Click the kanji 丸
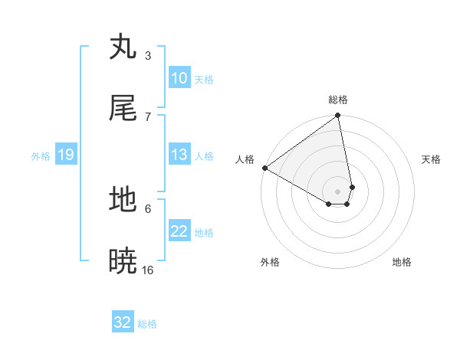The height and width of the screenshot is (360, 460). (123, 47)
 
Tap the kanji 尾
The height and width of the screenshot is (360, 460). (123, 109)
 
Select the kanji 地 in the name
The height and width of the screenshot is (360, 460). (123, 201)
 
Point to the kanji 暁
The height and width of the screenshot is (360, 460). (123, 262)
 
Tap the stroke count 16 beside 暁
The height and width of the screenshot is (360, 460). (148, 270)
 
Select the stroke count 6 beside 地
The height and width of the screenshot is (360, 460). (148, 208)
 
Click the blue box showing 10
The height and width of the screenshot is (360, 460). (179, 78)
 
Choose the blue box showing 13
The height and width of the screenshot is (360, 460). (179, 155)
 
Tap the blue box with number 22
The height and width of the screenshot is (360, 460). (179, 231)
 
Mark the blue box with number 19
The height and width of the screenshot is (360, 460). (66, 155)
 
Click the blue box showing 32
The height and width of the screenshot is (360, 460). (123, 322)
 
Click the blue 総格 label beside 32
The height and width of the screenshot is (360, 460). (148, 324)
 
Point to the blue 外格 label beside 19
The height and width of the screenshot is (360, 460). (41, 156)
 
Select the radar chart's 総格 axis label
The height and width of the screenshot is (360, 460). (338, 100)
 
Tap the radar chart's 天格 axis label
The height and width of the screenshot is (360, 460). (432, 159)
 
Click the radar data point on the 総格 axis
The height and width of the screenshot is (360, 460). (337, 116)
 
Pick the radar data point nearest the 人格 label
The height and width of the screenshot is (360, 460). (264, 168)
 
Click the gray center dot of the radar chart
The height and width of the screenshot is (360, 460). (337, 191)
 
